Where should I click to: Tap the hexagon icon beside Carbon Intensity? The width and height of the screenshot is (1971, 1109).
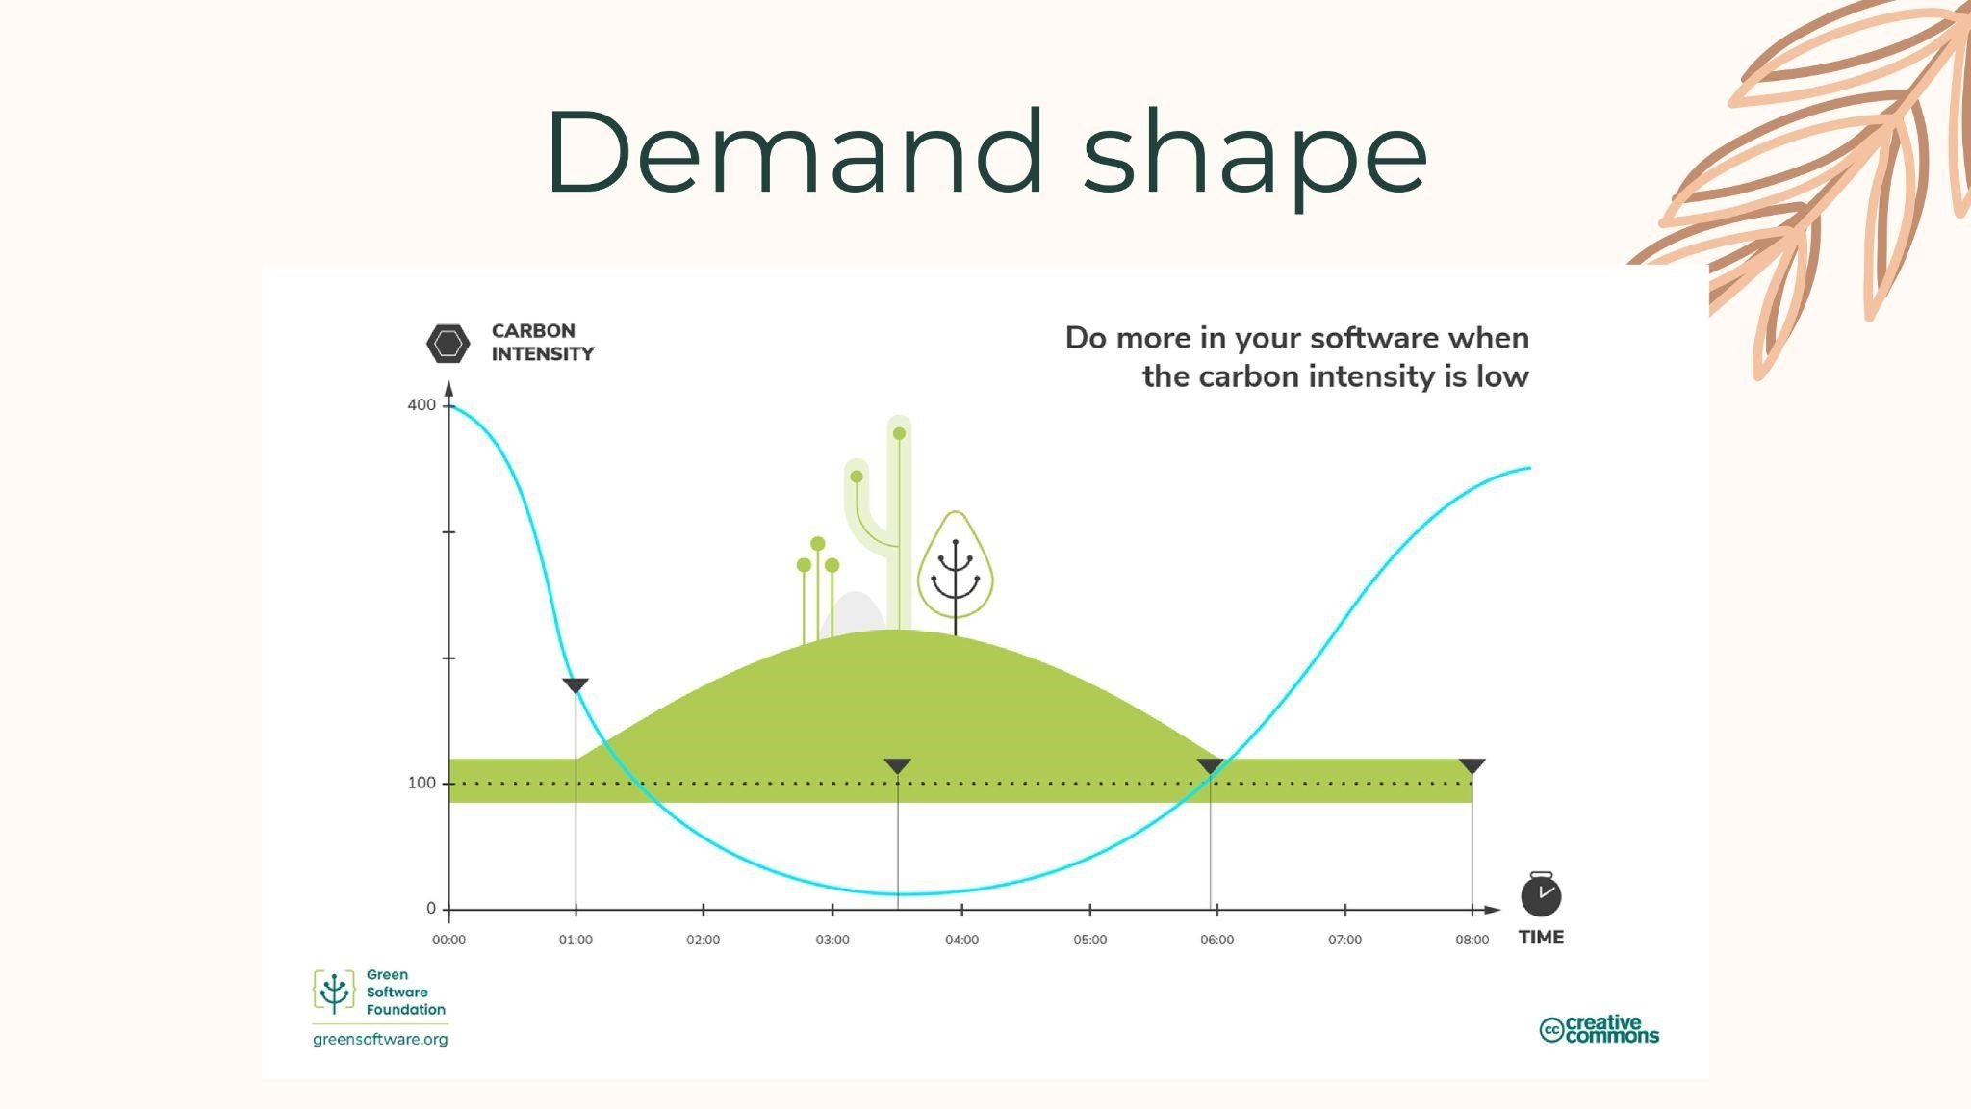pyautogui.click(x=448, y=343)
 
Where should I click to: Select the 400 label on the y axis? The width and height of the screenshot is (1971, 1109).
pyautogui.click(x=422, y=405)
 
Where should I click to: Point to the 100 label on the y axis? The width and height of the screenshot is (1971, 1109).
pyautogui.click(x=422, y=783)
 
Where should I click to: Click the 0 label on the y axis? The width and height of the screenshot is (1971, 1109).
pyautogui.click(x=431, y=909)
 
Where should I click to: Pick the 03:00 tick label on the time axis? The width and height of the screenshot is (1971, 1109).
pyautogui.click(x=832, y=940)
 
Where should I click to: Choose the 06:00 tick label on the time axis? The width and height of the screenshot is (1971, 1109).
pyautogui.click(x=1216, y=940)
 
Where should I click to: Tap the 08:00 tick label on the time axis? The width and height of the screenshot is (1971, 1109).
pyautogui.click(x=1472, y=940)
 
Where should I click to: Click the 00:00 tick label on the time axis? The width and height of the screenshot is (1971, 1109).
pyautogui.click(x=448, y=940)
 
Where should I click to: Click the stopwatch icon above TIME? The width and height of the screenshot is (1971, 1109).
pyautogui.click(x=1541, y=894)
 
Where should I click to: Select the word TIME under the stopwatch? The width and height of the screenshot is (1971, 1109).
pyautogui.click(x=1541, y=937)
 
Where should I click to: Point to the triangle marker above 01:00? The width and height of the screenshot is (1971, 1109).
pyautogui.click(x=576, y=685)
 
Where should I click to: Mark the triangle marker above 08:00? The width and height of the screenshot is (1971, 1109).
pyautogui.click(x=1472, y=766)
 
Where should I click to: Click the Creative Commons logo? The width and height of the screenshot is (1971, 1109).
pyautogui.click(x=1600, y=1029)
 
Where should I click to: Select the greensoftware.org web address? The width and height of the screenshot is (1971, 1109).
pyautogui.click(x=380, y=1040)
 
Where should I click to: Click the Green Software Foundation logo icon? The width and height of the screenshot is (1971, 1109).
pyautogui.click(x=334, y=993)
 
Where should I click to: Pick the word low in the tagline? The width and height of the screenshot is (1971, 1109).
pyautogui.click(x=1502, y=376)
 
